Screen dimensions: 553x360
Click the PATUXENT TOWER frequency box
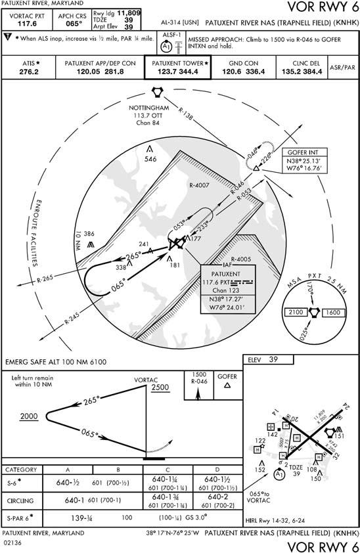coord(177,68)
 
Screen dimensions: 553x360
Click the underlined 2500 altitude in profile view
coord(161,388)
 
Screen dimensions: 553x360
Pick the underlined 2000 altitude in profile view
coord(30,417)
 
